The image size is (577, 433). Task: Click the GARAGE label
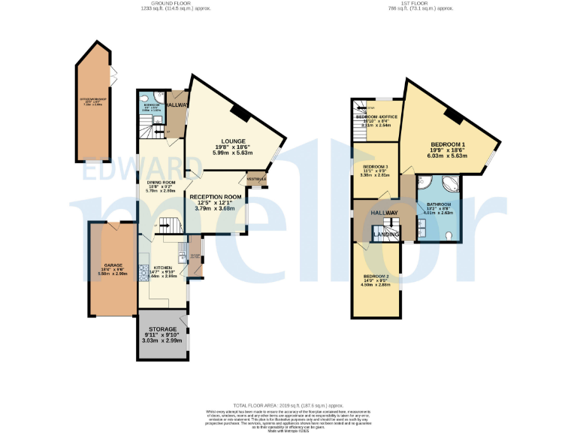113,265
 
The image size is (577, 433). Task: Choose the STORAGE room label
162,329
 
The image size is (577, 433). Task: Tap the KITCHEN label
163,268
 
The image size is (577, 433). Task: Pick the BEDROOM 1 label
448,144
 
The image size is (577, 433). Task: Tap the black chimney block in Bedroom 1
453,115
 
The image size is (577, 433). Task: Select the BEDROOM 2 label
374,277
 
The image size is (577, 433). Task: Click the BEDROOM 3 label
375,166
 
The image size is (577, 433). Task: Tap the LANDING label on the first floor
387,235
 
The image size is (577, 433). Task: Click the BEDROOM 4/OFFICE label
376,117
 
